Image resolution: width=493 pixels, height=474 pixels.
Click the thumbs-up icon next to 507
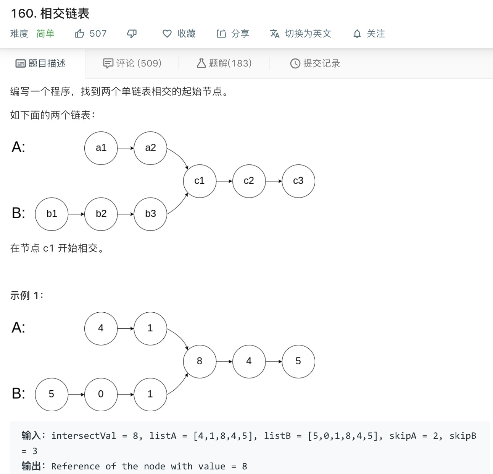[79, 34]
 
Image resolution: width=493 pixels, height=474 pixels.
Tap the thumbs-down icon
[132, 34]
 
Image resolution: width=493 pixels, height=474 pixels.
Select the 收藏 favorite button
[179, 34]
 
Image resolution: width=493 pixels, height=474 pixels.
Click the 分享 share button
[233, 34]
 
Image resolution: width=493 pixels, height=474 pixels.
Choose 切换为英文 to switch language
[301, 34]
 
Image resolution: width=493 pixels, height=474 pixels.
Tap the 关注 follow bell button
[369, 34]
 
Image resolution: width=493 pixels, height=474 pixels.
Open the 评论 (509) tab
[132, 63]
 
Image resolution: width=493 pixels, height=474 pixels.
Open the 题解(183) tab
[224, 63]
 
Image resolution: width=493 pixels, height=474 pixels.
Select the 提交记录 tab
[315, 63]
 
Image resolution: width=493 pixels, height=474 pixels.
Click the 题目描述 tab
[41, 63]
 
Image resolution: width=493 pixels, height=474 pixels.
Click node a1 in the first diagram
[101, 148]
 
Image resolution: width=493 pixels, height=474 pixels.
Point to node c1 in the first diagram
[200, 181]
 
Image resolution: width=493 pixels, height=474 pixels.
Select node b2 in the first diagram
[101, 214]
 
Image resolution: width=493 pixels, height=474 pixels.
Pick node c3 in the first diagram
[298, 181]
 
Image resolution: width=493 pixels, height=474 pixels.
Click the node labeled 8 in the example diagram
[200, 361]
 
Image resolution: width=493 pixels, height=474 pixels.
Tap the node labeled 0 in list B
[101, 394]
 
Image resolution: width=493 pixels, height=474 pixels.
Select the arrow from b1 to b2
[76, 214]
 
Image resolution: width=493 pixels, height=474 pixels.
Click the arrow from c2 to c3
[274, 181]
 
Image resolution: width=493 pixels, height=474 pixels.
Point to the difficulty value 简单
[45, 34]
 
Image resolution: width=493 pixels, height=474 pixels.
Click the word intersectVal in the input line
[84, 436]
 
